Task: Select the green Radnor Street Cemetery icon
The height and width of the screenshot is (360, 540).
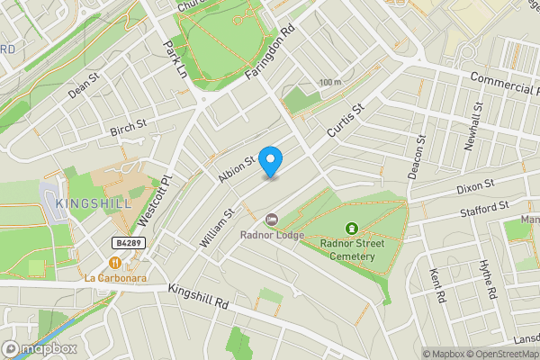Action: coord(350,229)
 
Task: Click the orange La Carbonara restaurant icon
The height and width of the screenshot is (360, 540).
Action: coord(115,262)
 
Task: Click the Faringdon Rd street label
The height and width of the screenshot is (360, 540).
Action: coord(270,56)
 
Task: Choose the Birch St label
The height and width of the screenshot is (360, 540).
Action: coord(128,130)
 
